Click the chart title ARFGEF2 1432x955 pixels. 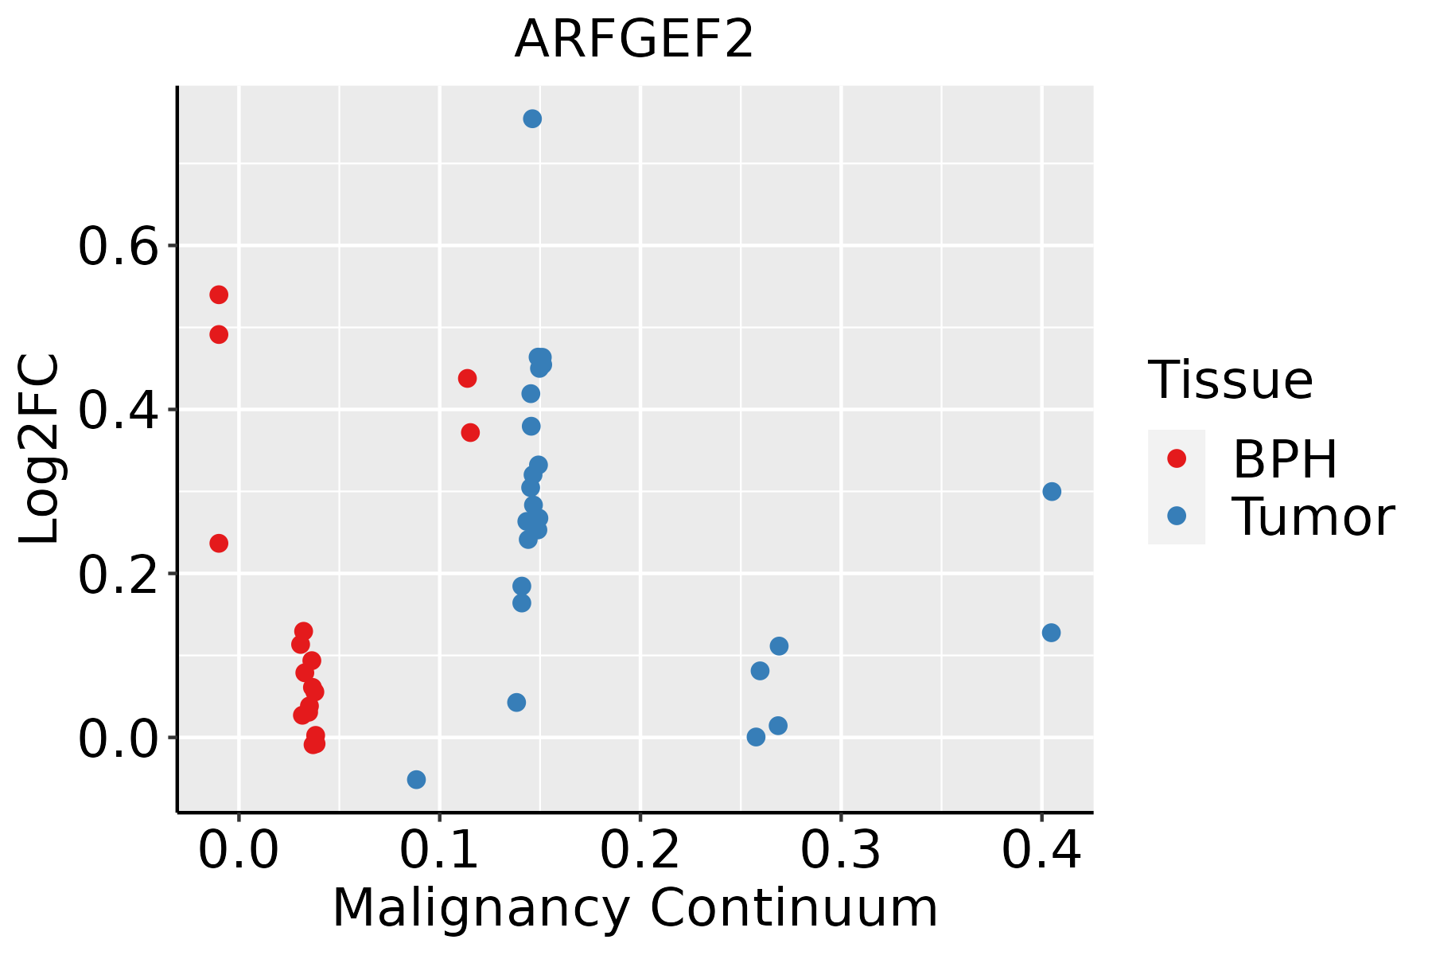(634, 40)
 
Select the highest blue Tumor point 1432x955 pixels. (532, 119)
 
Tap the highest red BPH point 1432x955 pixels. (219, 294)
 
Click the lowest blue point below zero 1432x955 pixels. (416, 779)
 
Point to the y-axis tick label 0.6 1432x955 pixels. (116, 248)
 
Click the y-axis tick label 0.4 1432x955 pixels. (116, 411)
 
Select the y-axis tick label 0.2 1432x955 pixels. (116, 575)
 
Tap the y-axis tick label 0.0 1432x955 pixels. (116, 739)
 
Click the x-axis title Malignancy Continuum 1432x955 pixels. (635, 908)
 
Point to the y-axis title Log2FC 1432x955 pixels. (40, 449)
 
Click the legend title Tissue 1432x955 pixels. (1231, 380)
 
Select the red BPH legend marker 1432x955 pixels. (1176, 458)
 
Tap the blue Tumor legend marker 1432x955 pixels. (1176, 516)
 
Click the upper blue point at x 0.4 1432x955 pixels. (1052, 491)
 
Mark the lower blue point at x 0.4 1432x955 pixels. (1051, 633)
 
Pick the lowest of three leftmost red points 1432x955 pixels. (219, 543)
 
